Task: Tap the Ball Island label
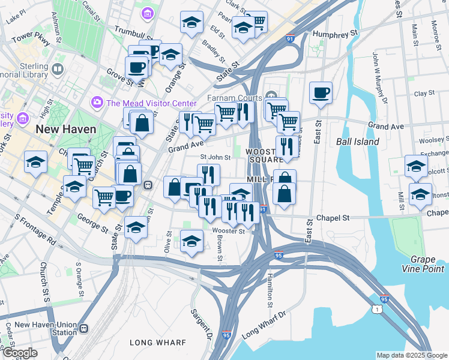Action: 358,142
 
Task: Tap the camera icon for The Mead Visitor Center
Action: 97,103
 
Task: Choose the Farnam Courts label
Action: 235,98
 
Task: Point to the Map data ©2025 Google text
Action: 411,355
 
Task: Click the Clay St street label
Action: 424,94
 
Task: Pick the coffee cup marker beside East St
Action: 321,93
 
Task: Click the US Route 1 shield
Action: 376,308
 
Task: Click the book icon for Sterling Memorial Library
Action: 58,69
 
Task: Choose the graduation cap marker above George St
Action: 136,228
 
